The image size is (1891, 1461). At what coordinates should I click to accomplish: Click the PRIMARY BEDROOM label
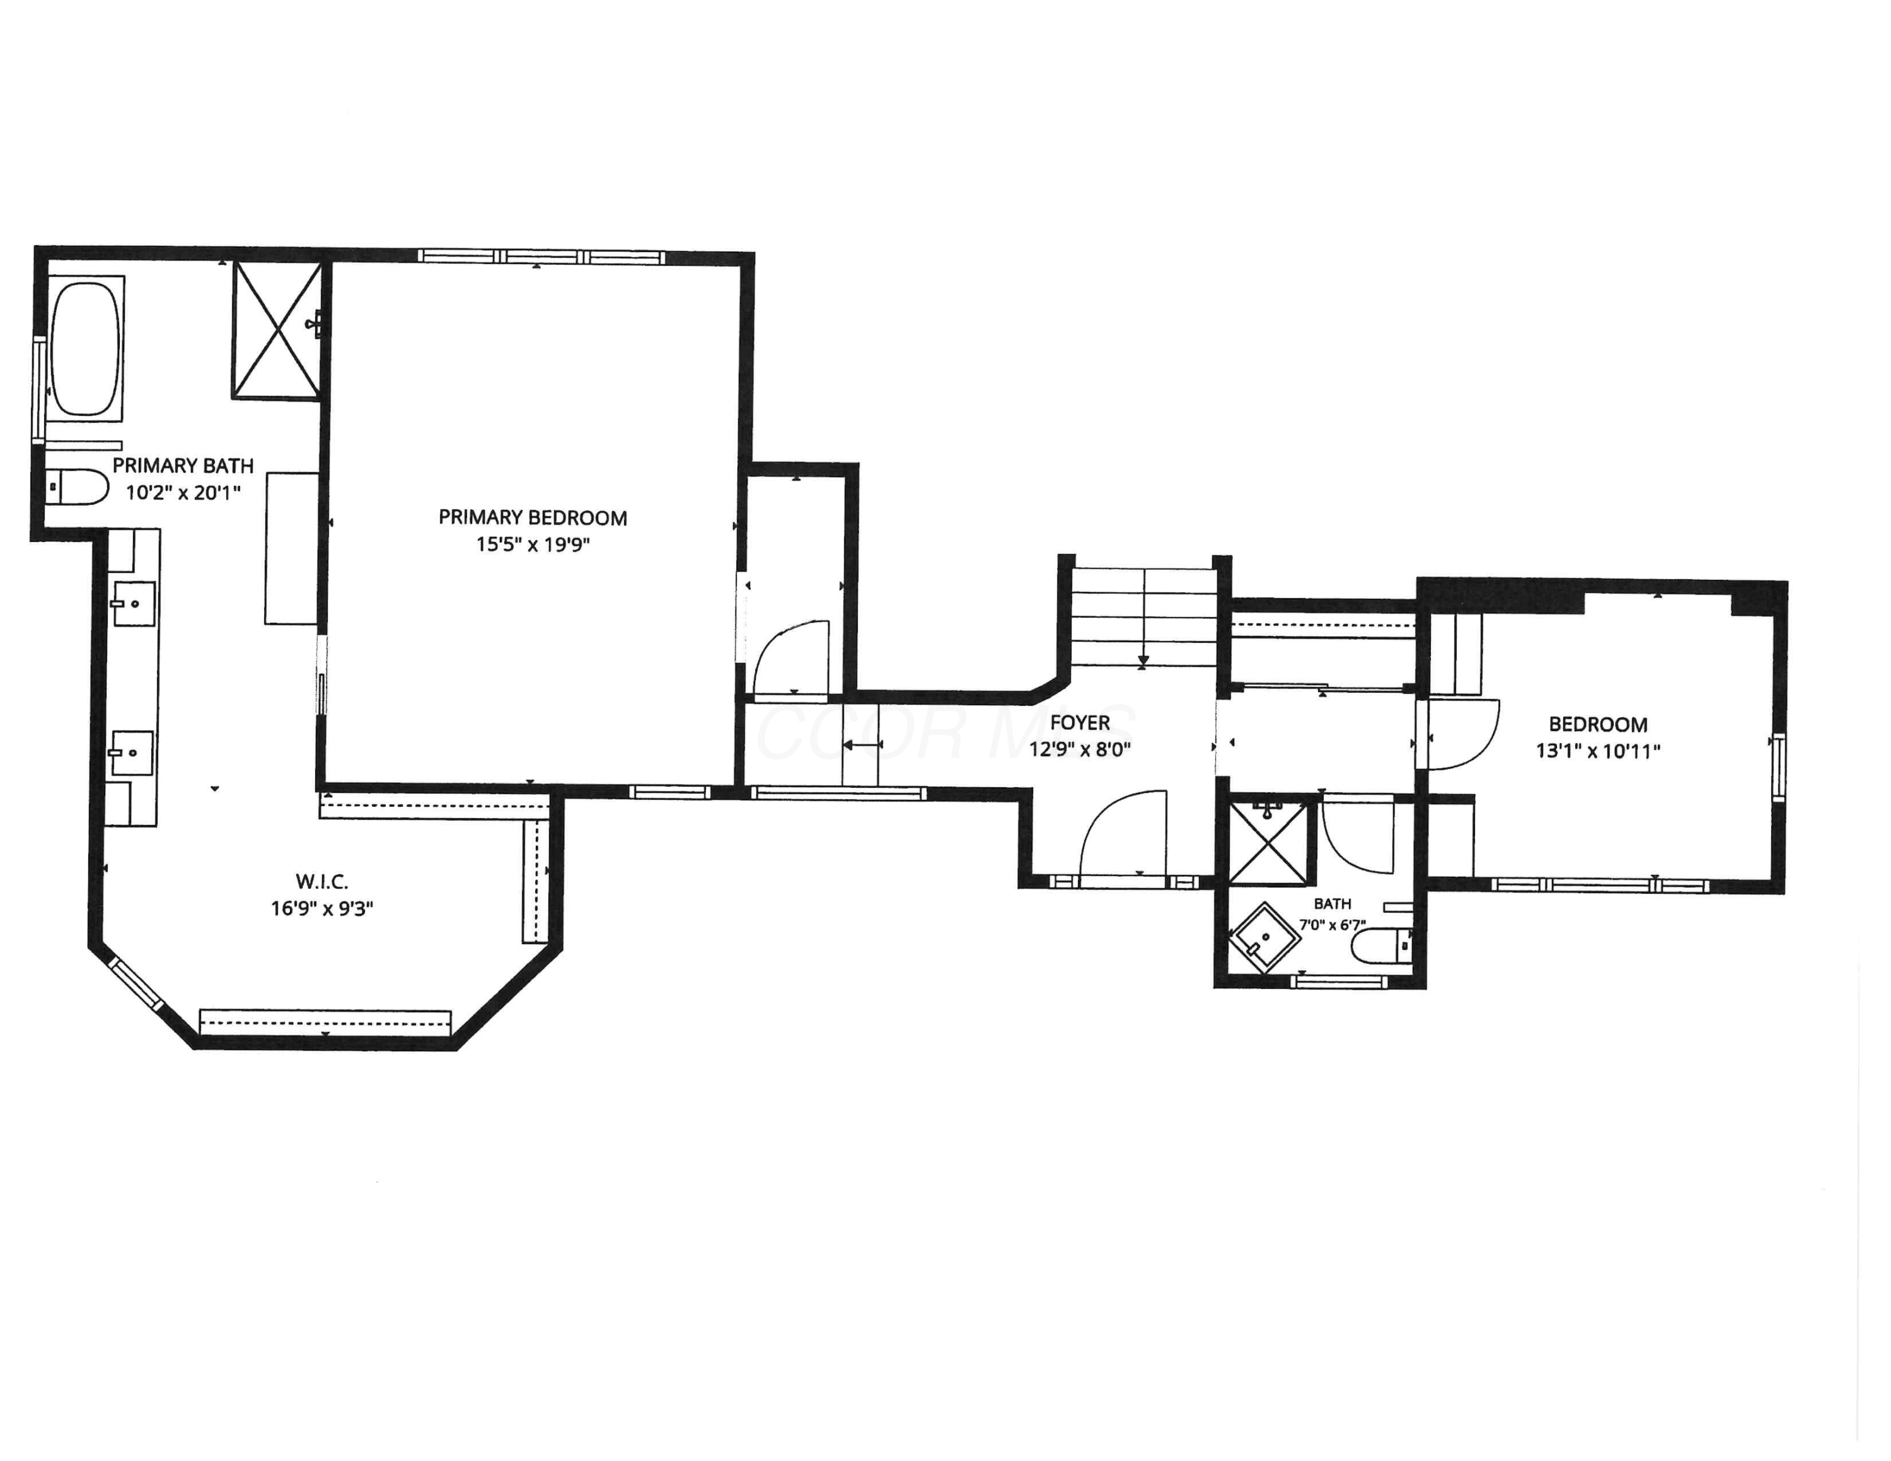coord(533,517)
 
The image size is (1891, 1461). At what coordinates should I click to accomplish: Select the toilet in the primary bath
coord(76,487)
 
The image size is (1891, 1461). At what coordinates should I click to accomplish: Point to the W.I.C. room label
coord(322,882)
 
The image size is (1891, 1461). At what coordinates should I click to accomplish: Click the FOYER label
coord(1080,723)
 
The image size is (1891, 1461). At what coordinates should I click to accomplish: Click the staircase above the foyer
coord(1144,616)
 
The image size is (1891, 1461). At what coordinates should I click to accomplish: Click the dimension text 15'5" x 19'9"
coord(533,545)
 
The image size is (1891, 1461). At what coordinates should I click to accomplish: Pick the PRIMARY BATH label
coord(183,466)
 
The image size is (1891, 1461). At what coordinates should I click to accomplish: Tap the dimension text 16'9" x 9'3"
coord(322,909)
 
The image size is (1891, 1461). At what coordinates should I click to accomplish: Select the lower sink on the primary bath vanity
coord(132,753)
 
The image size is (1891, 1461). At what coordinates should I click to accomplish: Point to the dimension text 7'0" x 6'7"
coord(1333,925)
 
